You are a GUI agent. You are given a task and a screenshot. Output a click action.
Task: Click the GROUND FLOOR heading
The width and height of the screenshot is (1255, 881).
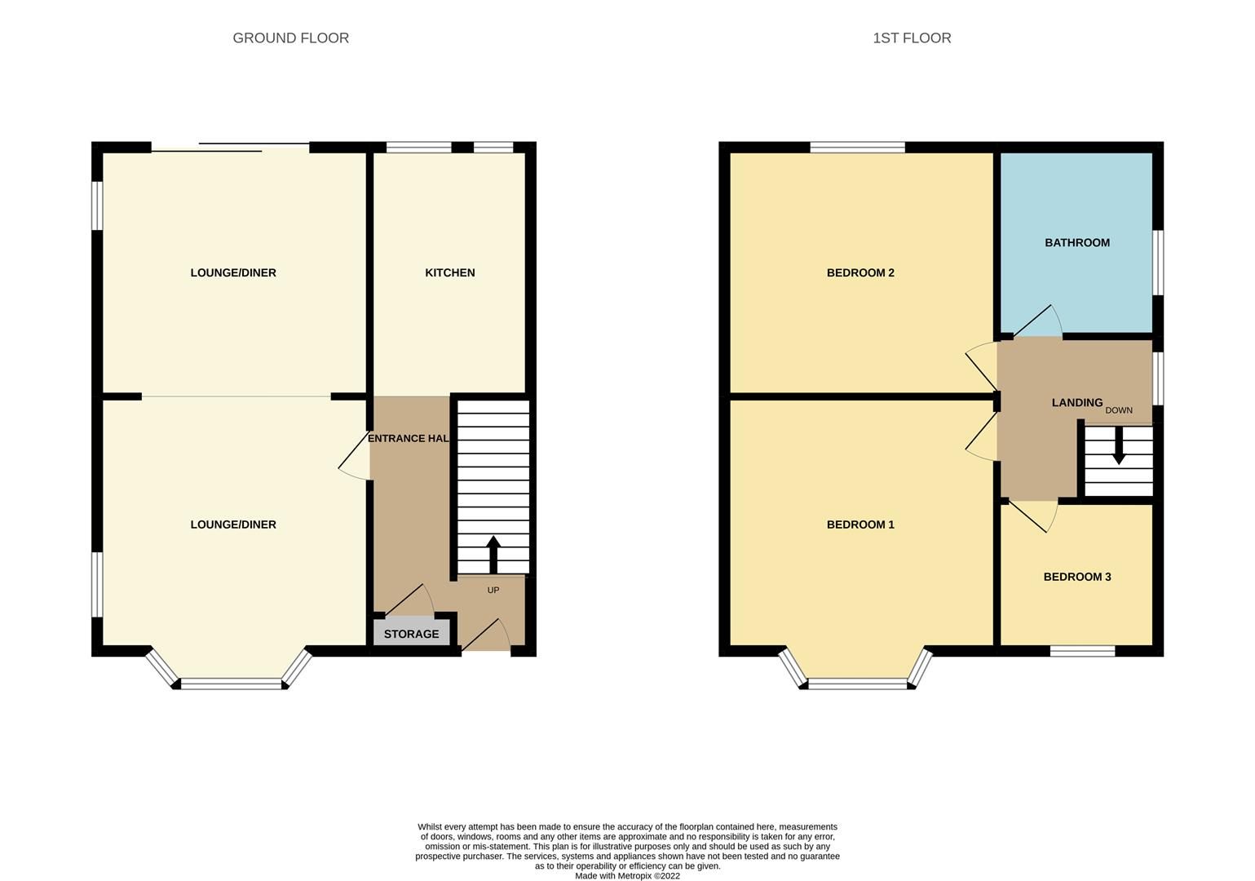pyautogui.click(x=290, y=38)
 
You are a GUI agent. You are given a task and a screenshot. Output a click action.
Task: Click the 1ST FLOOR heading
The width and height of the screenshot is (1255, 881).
pyautogui.click(x=911, y=38)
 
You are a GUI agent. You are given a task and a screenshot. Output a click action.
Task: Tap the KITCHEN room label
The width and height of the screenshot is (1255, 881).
pyautogui.click(x=449, y=272)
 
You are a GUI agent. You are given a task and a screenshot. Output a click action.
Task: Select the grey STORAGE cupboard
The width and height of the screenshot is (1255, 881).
pyautogui.click(x=411, y=634)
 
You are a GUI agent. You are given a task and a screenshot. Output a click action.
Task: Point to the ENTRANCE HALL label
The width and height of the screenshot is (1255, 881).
pyautogui.click(x=409, y=438)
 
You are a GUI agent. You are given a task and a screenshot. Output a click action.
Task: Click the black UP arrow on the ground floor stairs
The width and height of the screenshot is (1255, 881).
pyautogui.click(x=493, y=554)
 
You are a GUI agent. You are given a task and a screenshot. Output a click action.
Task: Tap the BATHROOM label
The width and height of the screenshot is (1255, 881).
pyautogui.click(x=1076, y=242)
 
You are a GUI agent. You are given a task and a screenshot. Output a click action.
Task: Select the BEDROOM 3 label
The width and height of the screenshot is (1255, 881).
pyautogui.click(x=1076, y=577)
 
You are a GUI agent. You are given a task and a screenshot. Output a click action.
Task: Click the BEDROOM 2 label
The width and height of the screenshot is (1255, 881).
pyautogui.click(x=860, y=272)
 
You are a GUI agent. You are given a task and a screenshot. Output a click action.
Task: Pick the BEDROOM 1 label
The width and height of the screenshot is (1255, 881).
pyautogui.click(x=860, y=525)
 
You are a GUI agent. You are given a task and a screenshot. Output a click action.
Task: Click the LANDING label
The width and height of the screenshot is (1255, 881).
pyautogui.click(x=1076, y=402)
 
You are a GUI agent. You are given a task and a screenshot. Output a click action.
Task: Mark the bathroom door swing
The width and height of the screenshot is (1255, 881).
pyautogui.click(x=1037, y=321)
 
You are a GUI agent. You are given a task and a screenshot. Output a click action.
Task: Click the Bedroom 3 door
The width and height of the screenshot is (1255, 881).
pyautogui.click(x=1032, y=516)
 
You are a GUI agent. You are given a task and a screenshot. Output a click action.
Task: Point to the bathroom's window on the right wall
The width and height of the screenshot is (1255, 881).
pyautogui.click(x=1157, y=262)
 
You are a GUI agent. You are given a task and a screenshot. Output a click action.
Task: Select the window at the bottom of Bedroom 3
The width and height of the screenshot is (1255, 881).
pyautogui.click(x=1081, y=650)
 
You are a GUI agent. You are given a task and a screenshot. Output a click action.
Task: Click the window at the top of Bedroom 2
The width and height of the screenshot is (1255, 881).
pyautogui.click(x=857, y=148)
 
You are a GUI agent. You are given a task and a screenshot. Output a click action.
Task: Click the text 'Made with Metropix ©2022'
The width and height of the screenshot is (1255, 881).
pyautogui.click(x=627, y=876)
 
